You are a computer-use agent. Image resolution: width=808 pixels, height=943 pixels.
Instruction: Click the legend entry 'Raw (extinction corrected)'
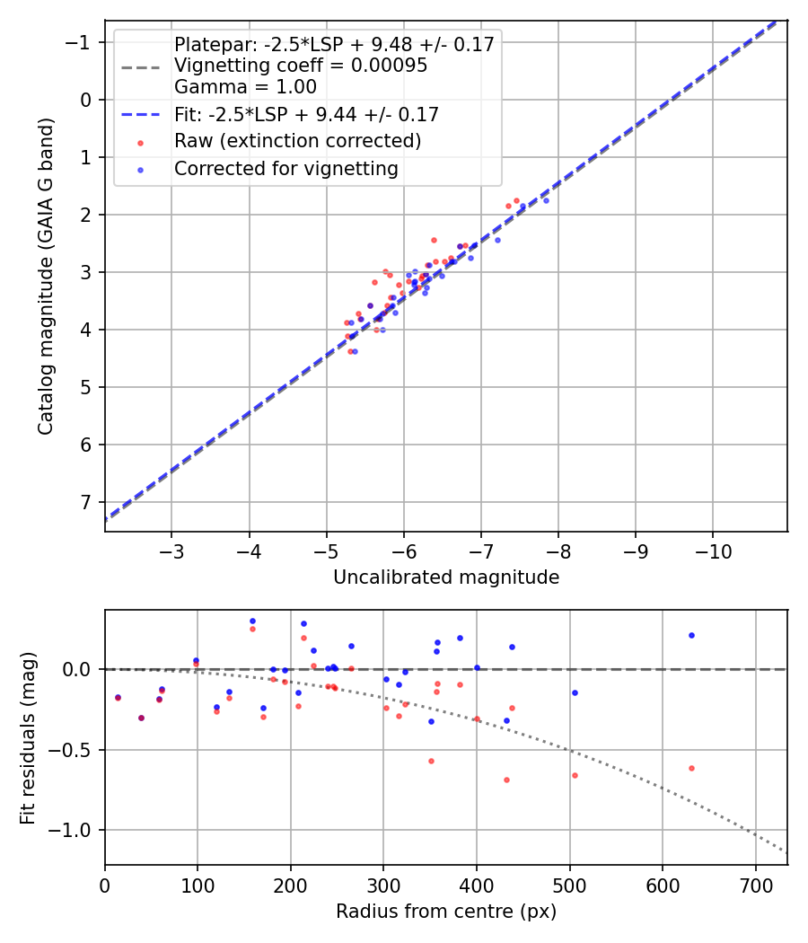coord(297,141)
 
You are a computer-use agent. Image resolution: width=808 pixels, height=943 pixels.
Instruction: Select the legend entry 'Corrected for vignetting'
coord(285,168)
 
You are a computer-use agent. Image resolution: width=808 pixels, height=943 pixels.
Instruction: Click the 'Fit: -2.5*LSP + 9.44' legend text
coord(306,114)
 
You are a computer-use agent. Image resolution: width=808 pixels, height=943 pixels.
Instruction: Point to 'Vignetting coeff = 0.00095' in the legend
coord(301,66)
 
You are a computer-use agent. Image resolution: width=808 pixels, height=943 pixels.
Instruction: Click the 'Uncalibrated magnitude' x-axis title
coord(446,577)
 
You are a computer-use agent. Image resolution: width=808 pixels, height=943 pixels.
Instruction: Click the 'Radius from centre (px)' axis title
coord(446,912)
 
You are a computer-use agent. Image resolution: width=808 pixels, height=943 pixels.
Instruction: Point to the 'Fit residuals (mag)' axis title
coord(28,736)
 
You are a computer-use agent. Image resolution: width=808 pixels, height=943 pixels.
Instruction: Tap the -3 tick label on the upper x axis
coord(171,550)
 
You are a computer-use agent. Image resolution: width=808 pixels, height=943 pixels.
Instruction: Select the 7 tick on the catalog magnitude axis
coord(87,502)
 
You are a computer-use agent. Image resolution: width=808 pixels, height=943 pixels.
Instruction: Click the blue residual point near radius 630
coord(691,635)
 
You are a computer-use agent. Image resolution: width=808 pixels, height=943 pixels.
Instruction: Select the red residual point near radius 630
coord(691,768)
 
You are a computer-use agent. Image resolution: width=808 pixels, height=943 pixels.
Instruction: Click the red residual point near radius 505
coord(575,775)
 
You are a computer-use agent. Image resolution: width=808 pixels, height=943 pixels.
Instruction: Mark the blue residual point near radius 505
coord(575,692)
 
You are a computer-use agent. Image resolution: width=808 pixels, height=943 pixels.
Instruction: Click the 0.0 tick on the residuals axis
coord(83,669)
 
